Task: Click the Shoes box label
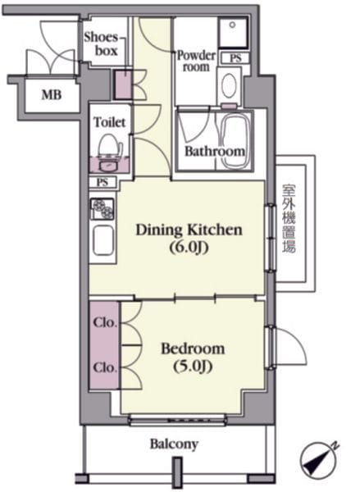[x=101, y=44]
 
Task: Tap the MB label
[x=52, y=94]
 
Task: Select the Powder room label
[x=197, y=61]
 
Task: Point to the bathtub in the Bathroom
[x=234, y=140]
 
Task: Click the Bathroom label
[x=215, y=151]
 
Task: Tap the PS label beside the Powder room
[x=235, y=58]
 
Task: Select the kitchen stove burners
[x=103, y=208]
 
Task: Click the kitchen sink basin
[x=103, y=241]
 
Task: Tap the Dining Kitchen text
[x=189, y=230]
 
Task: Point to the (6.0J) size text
[x=189, y=248]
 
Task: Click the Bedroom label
[x=193, y=349]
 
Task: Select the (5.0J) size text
[x=193, y=367]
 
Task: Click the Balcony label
[x=174, y=444]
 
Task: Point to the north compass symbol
[x=318, y=461]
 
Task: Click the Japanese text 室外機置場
[x=289, y=219]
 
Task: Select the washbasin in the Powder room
[x=230, y=85]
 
